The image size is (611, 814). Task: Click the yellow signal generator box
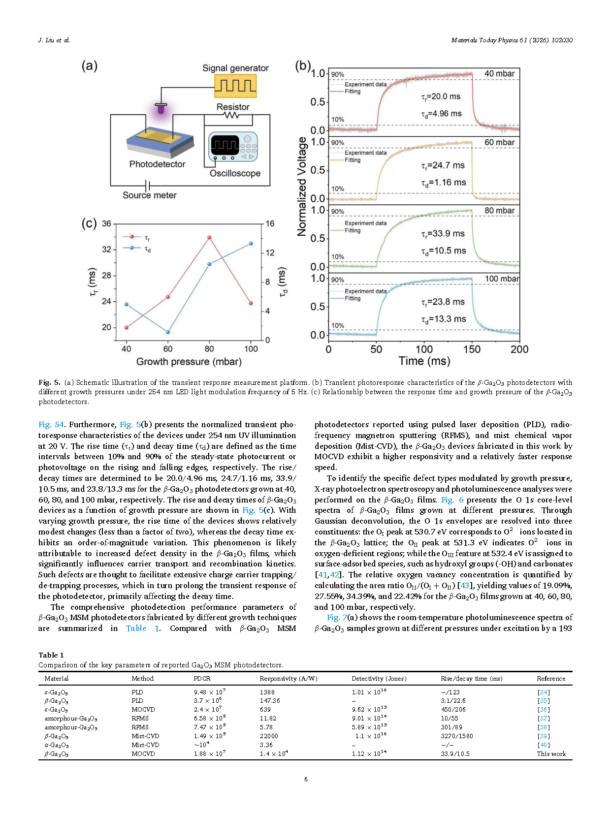[x=235, y=86]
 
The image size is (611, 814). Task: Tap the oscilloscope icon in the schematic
[x=232, y=147]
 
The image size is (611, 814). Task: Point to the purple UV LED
[x=161, y=109]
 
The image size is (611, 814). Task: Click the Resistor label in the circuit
[x=233, y=107]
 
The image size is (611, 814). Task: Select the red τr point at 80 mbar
[x=209, y=238]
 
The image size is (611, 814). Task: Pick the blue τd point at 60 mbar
[x=168, y=332]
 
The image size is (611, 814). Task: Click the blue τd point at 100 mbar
[x=251, y=244]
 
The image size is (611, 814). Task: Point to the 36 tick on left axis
[x=106, y=223]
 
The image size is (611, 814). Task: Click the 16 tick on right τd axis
[x=270, y=223]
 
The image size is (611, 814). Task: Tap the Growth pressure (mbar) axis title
[x=189, y=362]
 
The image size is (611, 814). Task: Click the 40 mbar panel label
[x=499, y=74]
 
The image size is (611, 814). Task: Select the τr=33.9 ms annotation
[x=443, y=233]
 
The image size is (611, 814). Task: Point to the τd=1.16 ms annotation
[x=443, y=183]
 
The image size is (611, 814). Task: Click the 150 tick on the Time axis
[x=472, y=349]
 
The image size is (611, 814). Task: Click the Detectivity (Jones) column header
[x=379, y=678]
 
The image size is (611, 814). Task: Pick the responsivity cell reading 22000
[x=269, y=736]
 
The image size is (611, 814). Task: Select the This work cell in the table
[x=551, y=753]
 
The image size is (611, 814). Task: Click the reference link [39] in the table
[x=544, y=736]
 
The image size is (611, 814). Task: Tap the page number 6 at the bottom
[x=306, y=779]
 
